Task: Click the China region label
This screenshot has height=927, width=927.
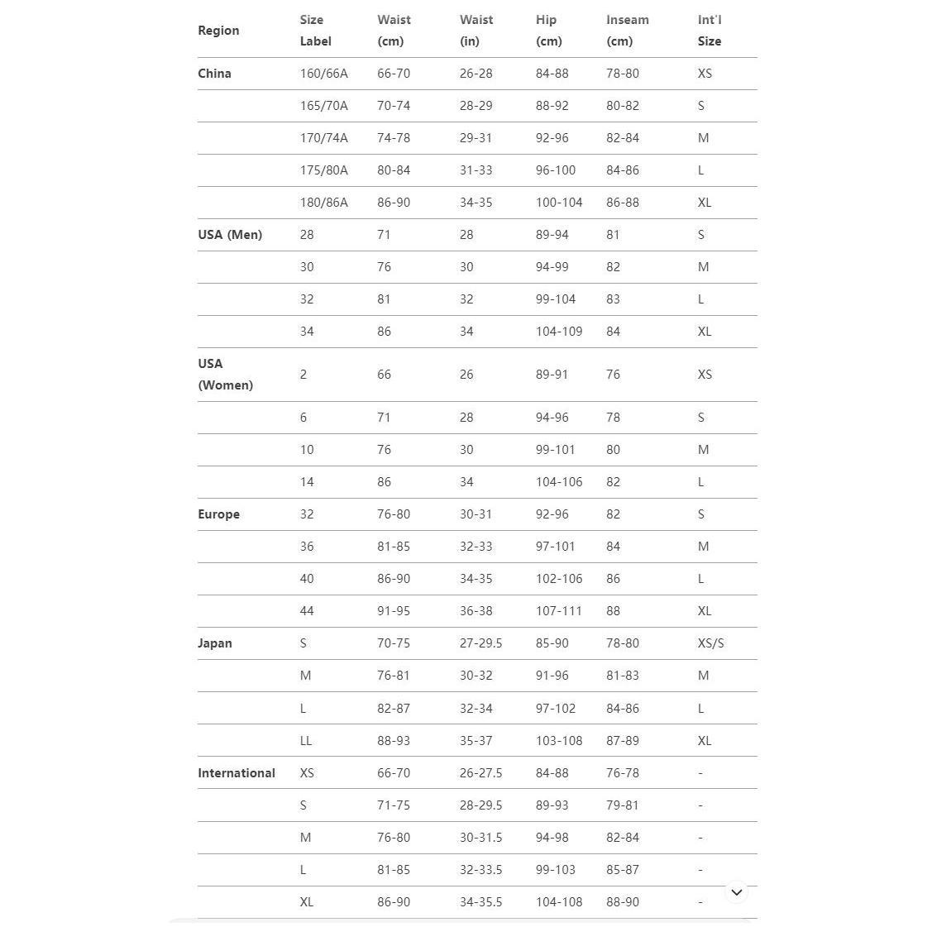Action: pos(214,74)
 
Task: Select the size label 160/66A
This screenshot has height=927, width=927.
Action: pos(323,74)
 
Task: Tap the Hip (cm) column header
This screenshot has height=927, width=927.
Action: pos(548,31)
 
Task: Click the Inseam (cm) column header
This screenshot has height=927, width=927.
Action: pos(627,31)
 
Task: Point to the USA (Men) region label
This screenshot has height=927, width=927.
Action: pos(230,235)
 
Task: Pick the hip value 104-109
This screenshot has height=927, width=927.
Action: pos(558,332)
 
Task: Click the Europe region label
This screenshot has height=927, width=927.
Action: pos(218,514)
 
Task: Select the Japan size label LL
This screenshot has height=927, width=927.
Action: pos(306,741)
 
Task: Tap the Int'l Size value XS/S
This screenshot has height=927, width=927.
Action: pos(710,643)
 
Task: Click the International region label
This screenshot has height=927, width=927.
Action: pos(237,773)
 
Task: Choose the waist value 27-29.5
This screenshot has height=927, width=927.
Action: pos(480,643)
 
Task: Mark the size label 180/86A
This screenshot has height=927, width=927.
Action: pos(323,203)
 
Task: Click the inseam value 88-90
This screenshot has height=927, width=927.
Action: pos(622,902)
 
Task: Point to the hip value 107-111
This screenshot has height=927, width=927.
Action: pos(558,611)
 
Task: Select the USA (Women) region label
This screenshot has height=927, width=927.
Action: pos(225,375)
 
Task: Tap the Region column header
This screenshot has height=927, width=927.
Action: pos(218,31)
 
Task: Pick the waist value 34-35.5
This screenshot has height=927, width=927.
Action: pos(480,902)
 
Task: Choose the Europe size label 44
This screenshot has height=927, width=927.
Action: pos(307,611)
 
